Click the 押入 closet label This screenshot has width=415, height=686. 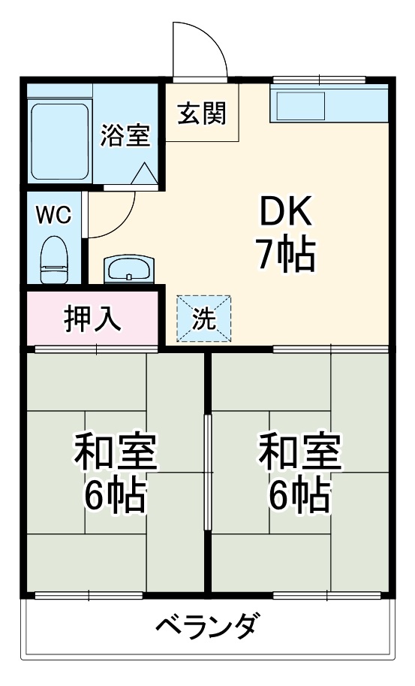coord(92,319)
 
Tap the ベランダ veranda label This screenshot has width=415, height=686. coord(209,625)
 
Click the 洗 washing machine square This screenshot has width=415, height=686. coord(203,318)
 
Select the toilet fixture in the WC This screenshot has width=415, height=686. coord(53,258)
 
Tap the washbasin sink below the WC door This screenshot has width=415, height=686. coord(128,268)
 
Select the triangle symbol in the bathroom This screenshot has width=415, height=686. coord(144,174)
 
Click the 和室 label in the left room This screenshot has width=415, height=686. coord(115,452)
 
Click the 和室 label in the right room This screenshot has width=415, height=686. coord(299,452)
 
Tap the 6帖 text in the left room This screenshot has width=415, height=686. coord(115,494)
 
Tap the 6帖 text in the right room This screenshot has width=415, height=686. coord(299,494)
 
